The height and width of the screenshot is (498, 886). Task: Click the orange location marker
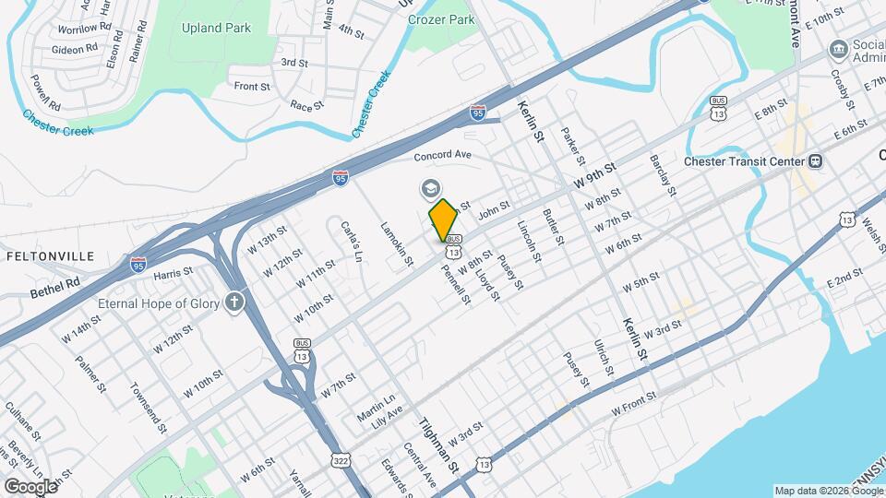[x=443, y=219]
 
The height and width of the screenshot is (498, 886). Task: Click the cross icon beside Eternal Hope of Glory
[x=235, y=302]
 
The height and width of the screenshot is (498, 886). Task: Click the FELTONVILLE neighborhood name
[x=52, y=255]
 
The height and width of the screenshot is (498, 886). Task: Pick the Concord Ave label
[x=442, y=155]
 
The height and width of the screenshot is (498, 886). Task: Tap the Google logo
[x=30, y=486]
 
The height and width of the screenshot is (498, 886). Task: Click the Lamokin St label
[x=397, y=245]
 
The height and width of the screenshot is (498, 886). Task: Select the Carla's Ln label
[x=349, y=241]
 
